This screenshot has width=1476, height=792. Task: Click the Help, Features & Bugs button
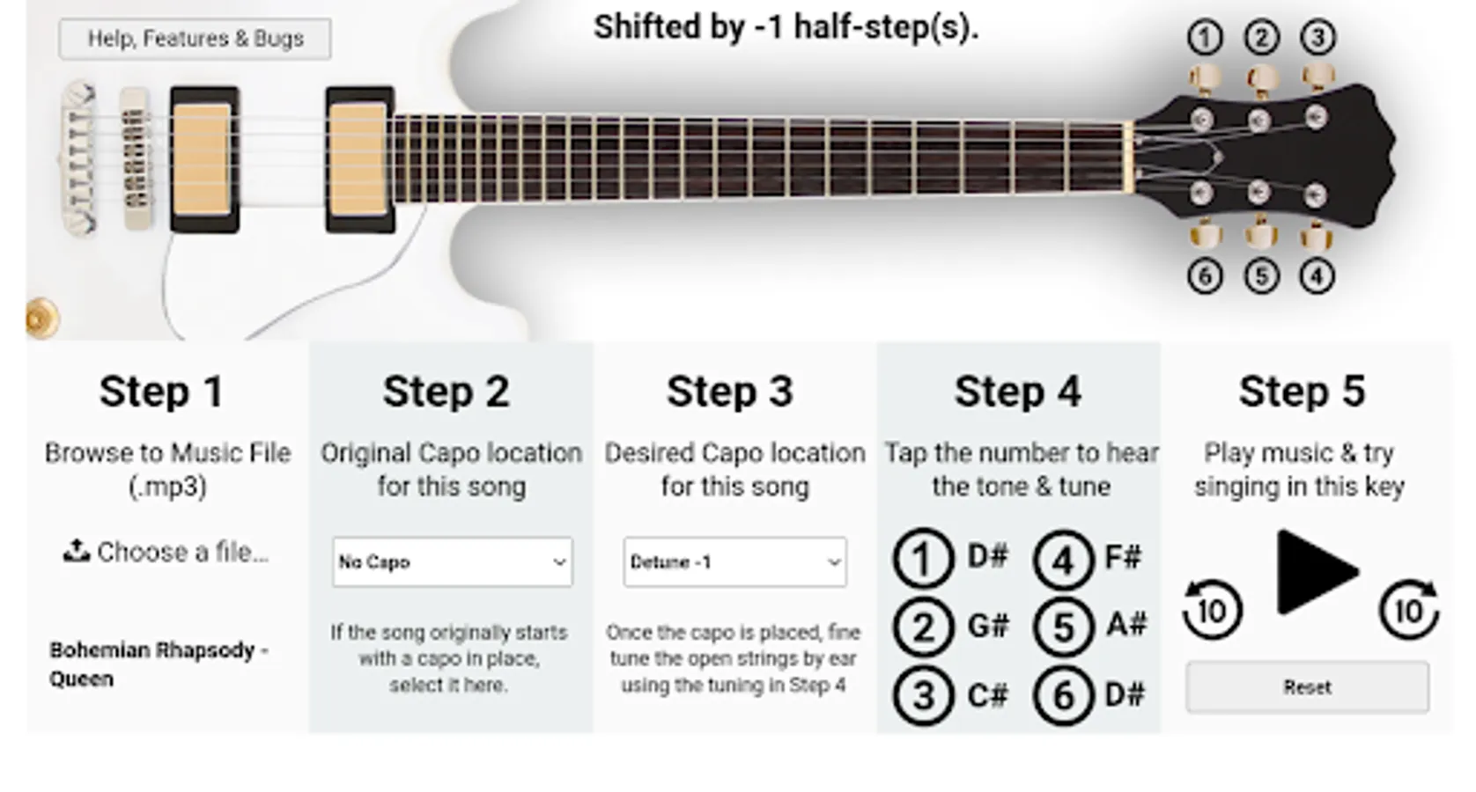195,39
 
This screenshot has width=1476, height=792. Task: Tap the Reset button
1307,687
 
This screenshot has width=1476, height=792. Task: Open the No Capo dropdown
452,561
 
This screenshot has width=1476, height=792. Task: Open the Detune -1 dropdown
734,561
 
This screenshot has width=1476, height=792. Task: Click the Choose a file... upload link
166,552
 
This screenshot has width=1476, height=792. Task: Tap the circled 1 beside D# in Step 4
923,558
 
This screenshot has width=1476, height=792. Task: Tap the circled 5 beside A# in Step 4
1064,627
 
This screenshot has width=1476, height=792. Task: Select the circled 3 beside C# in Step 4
923,695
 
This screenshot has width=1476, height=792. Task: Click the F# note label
1123,558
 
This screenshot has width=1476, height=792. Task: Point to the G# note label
988,626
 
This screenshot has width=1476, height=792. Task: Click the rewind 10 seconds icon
1213,609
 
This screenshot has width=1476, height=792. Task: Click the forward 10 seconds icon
1409,609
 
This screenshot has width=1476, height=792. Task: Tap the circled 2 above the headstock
1261,38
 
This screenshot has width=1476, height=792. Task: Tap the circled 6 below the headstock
1205,276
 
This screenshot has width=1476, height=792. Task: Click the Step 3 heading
730,392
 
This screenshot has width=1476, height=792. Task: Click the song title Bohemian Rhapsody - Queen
159,664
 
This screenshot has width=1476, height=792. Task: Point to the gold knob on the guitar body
42,319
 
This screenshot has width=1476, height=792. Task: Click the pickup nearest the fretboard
360,160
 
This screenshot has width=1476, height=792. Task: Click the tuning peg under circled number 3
1317,78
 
